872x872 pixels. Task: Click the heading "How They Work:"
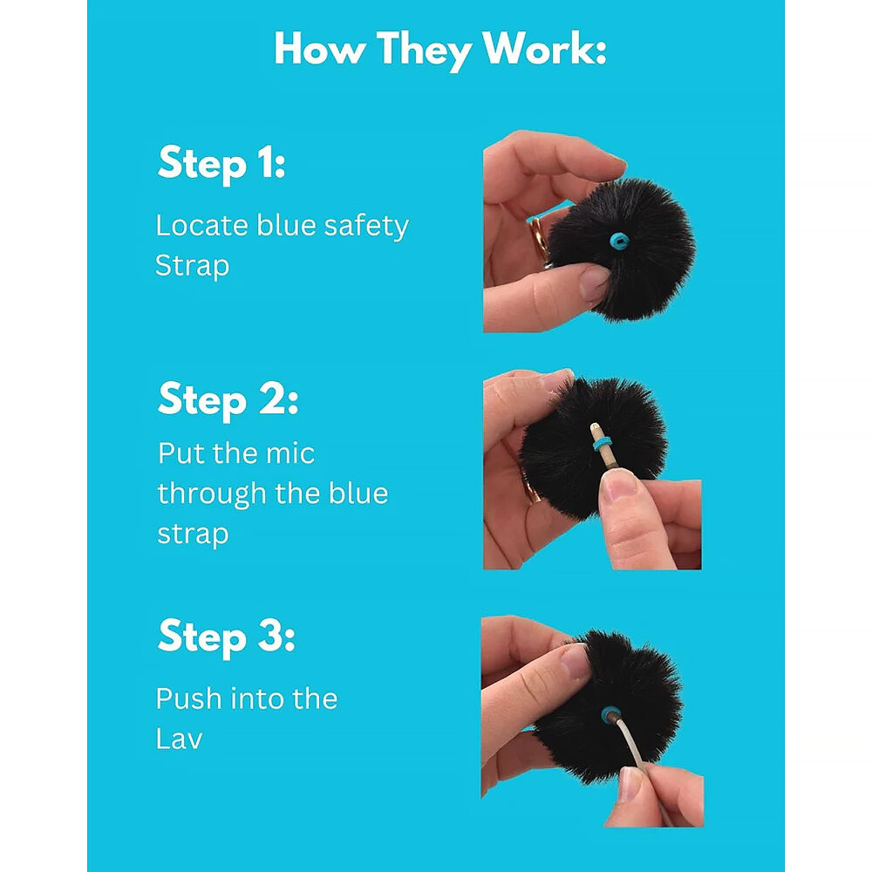[439, 50]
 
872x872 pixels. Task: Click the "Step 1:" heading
[221, 164]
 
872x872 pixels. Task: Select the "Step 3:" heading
[227, 637]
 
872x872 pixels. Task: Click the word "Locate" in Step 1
[202, 226]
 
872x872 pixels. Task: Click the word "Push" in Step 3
[188, 699]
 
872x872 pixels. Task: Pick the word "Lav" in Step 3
[179, 739]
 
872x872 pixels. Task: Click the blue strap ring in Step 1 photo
[618, 242]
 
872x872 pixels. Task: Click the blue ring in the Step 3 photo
[611, 714]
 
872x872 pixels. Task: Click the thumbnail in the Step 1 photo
[595, 281]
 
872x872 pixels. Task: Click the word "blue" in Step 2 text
[358, 494]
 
